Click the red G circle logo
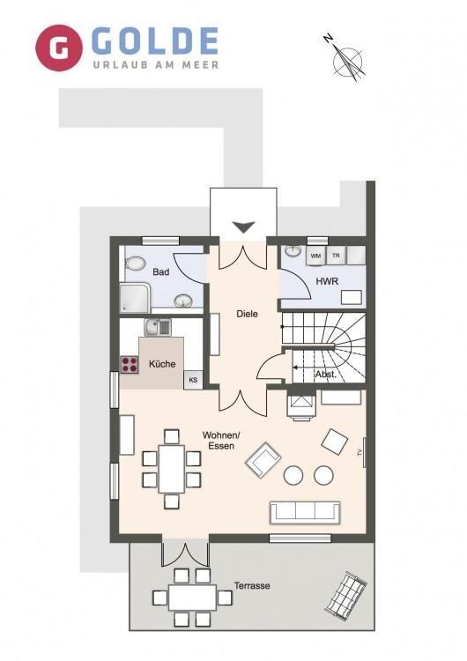point(59,48)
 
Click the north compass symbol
point(345,58)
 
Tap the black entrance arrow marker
point(244,227)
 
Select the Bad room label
point(161,272)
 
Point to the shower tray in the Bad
point(135,298)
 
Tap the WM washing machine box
point(315,256)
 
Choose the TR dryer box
point(336,256)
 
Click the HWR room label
point(327,281)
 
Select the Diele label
point(247,314)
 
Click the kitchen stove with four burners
point(130,365)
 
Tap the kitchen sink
point(158,327)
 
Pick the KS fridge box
point(193,380)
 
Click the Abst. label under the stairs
point(326,374)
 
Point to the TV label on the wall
point(360,453)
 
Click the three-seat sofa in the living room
point(305,513)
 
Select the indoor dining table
point(172,469)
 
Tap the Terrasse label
point(252,585)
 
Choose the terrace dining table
point(192,598)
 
